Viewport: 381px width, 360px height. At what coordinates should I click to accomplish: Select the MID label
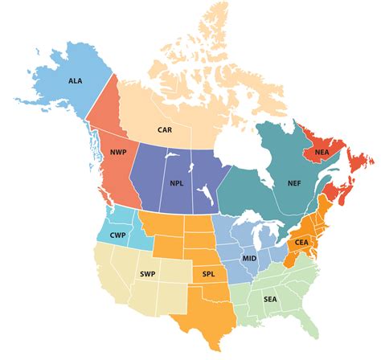(250, 259)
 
